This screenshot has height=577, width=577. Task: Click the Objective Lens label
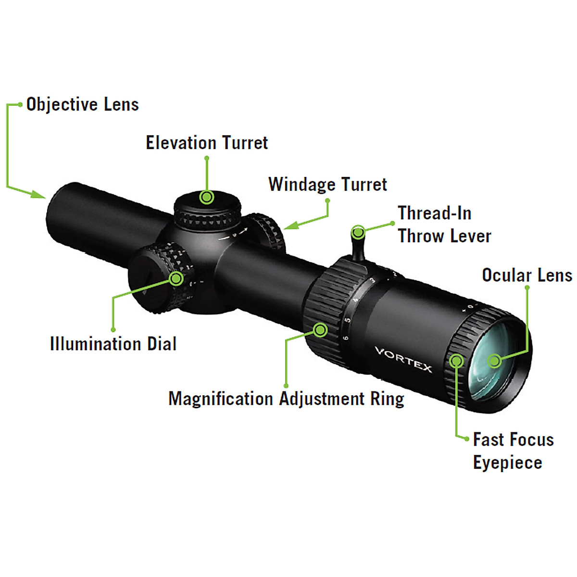(x=82, y=104)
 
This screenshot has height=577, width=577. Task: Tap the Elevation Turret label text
(x=207, y=143)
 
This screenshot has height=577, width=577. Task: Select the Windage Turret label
(x=327, y=184)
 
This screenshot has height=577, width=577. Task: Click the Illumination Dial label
(x=113, y=344)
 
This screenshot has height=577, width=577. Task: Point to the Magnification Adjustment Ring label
(x=286, y=399)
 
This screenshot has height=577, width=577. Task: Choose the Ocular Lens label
(x=527, y=275)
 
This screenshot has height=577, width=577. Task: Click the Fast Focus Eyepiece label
(x=513, y=451)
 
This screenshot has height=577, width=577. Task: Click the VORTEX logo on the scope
(x=403, y=359)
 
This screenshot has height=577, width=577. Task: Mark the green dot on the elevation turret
(x=207, y=197)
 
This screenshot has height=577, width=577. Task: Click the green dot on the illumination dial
(x=177, y=278)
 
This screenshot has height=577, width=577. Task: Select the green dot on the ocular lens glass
(x=494, y=361)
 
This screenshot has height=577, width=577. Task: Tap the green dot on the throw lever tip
(x=358, y=233)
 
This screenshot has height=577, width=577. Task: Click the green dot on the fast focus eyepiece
(x=456, y=360)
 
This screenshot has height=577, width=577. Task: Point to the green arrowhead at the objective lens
(x=38, y=194)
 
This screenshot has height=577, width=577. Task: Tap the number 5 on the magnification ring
(x=347, y=320)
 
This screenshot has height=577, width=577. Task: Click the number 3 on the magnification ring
(x=372, y=280)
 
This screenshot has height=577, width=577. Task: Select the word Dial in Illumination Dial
(x=162, y=344)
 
